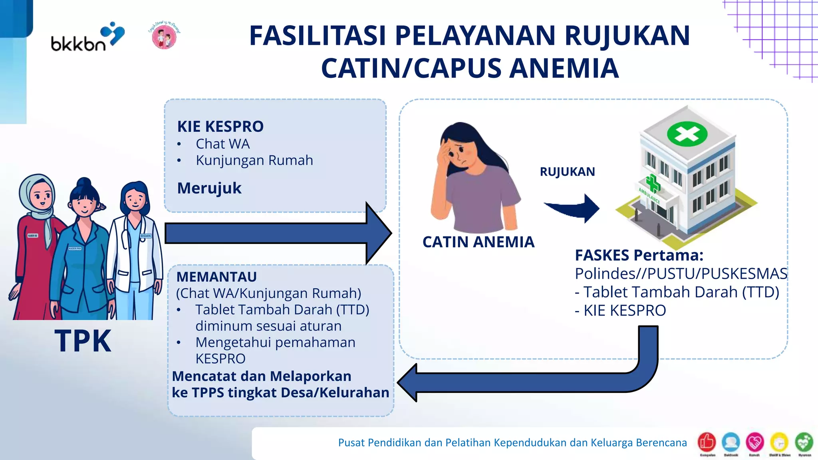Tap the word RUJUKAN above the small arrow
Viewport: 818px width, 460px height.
click(x=567, y=172)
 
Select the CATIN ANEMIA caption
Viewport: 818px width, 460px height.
click(x=478, y=242)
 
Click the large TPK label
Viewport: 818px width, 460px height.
click(x=83, y=341)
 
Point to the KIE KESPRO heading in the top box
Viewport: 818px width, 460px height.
click(x=220, y=127)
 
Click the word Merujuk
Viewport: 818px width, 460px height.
click(x=209, y=188)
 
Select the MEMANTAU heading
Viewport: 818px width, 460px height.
click(x=216, y=277)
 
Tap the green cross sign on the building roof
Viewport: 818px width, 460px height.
click(x=687, y=134)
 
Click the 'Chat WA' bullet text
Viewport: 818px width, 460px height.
click(x=222, y=144)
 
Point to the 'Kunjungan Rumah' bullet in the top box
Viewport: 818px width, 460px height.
click(x=254, y=160)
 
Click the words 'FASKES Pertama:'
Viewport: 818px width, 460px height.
click(x=639, y=255)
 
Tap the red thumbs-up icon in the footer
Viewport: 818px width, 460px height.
click(x=707, y=442)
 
